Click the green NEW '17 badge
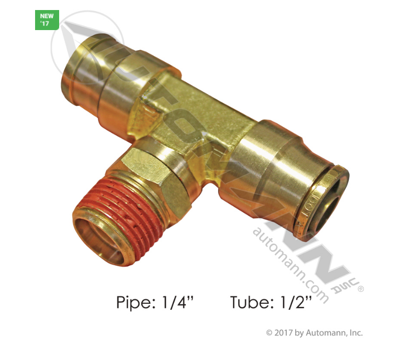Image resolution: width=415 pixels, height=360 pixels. click(x=47, y=20)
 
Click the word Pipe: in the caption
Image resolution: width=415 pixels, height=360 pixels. click(x=136, y=302)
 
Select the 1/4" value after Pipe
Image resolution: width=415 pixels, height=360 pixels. click(x=177, y=302)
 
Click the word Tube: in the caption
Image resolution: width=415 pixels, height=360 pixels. click(x=252, y=302)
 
